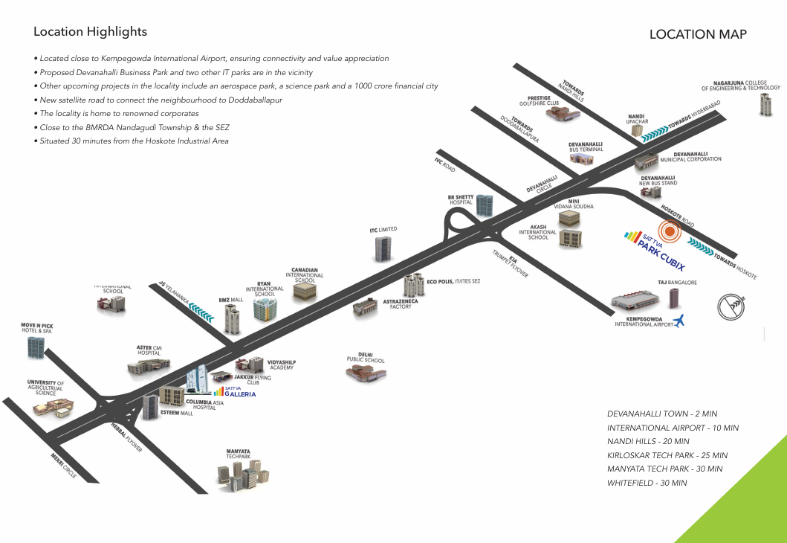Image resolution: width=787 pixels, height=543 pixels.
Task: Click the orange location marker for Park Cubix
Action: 670,232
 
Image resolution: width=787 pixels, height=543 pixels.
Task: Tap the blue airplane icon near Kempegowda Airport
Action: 678,321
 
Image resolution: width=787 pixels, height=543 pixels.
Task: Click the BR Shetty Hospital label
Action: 460,199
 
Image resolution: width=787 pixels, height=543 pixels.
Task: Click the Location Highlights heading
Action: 90,32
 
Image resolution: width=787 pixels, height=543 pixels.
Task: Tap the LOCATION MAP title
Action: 698,34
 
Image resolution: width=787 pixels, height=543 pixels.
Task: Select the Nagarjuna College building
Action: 765,104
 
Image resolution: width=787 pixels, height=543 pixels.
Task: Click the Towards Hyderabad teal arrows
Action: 655,132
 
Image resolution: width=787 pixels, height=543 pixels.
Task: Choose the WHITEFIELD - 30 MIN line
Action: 647,483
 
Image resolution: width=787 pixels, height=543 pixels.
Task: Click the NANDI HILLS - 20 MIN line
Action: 648,441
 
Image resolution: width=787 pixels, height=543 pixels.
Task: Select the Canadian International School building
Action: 304,291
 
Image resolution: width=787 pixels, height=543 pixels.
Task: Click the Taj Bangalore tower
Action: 674,298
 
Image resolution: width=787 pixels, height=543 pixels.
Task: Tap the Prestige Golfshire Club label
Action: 539,100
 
